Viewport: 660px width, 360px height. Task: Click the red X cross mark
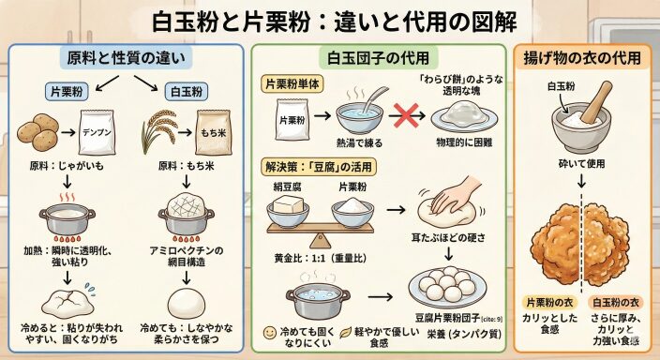(406, 115)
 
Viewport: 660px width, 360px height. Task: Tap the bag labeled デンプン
(97, 132)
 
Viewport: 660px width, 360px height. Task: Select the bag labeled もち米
(213, 132)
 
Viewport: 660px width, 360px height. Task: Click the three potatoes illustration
(37, 132)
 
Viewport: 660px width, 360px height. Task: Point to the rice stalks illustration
(158, 130)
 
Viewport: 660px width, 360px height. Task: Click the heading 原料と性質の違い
(126, 58)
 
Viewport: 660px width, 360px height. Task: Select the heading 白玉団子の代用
(378, 58)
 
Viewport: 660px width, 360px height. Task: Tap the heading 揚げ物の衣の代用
(582, 58)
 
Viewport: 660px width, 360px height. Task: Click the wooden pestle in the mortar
(597, 102)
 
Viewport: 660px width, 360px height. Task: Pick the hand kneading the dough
(456, 195)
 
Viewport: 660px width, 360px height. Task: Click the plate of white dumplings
(447, 287)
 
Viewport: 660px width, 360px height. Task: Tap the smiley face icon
(269, 332)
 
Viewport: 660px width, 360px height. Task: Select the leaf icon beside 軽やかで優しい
(346, 332)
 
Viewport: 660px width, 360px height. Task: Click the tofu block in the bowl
(288, 204)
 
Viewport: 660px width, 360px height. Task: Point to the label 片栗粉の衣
(549, 302)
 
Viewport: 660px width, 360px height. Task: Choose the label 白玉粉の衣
(616, 302)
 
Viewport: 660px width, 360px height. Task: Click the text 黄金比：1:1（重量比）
(321, 258)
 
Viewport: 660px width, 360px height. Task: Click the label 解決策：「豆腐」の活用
(318, 167)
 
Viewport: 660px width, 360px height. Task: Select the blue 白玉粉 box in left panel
(187, 91)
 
